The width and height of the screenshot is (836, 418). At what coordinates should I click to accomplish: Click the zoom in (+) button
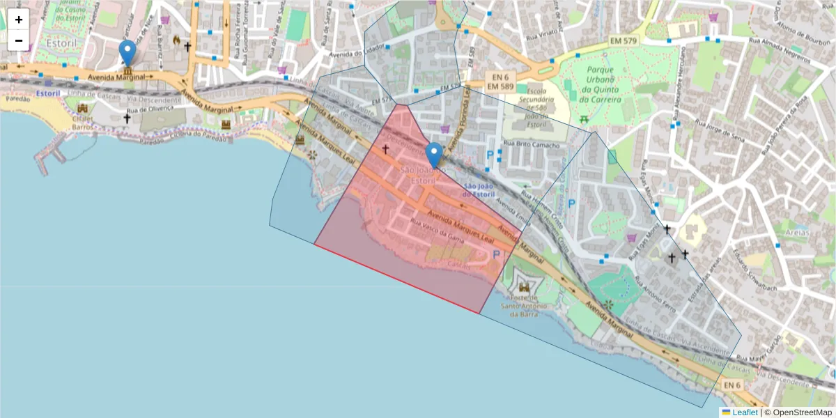19,20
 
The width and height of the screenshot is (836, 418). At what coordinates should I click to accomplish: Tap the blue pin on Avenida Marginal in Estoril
127,53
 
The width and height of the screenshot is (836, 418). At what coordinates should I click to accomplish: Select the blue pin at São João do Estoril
434,155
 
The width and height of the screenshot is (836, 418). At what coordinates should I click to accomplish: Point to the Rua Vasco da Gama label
438,231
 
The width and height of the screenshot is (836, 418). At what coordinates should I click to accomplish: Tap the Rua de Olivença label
149,109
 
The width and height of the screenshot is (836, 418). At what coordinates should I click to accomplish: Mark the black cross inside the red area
385,149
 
